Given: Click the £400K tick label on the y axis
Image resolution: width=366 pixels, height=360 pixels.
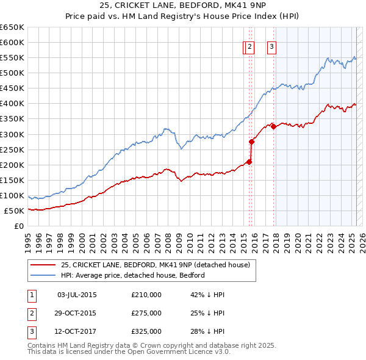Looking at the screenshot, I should [x=12, y=104].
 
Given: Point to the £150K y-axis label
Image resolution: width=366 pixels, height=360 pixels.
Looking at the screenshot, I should [x=12, y=181].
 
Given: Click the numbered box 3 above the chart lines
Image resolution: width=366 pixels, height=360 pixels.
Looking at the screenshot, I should [x=271, y=48].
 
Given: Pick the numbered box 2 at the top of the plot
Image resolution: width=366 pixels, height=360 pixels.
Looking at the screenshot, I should [x=249, y=48].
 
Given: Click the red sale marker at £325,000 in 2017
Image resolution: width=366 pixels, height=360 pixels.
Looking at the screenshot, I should [x=273, y=127].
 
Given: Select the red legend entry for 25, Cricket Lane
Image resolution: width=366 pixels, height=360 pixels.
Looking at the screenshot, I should [x=156, y=265].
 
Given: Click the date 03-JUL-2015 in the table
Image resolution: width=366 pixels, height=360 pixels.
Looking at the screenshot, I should [x=76, y=295].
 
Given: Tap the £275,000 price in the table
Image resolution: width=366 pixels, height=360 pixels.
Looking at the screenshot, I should [x=146, y=313].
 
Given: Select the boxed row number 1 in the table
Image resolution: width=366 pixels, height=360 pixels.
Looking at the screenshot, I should [x=32, y=295].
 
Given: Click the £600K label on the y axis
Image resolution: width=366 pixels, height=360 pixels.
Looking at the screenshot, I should [x=12, y=42].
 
